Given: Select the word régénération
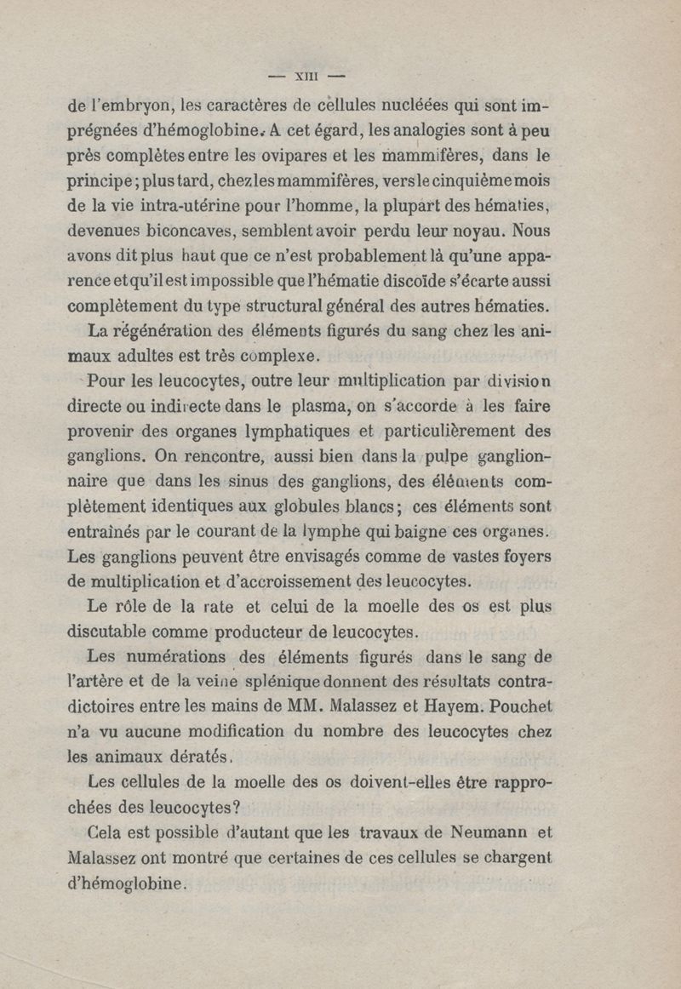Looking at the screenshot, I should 158,329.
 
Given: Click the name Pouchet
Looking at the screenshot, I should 522,706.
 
